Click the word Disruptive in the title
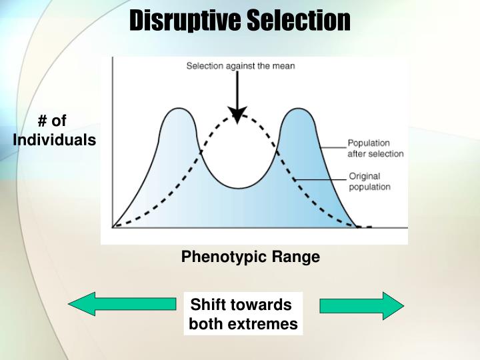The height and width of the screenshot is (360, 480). [x=185, y=21]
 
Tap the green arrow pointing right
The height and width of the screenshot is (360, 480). [x=361, y=306]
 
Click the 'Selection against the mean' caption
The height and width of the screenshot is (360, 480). [x=240, y=66]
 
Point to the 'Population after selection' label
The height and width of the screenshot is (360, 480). [x=375, y=148]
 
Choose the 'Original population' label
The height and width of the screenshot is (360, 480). [x=370, y=181]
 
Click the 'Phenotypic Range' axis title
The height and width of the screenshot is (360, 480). [x=251, y=257]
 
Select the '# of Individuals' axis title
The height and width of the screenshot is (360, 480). [x=54, y=131]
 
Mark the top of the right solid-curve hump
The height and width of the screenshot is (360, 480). [x=295, y=107]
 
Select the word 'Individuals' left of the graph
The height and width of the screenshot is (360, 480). [x=54, y=141]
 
